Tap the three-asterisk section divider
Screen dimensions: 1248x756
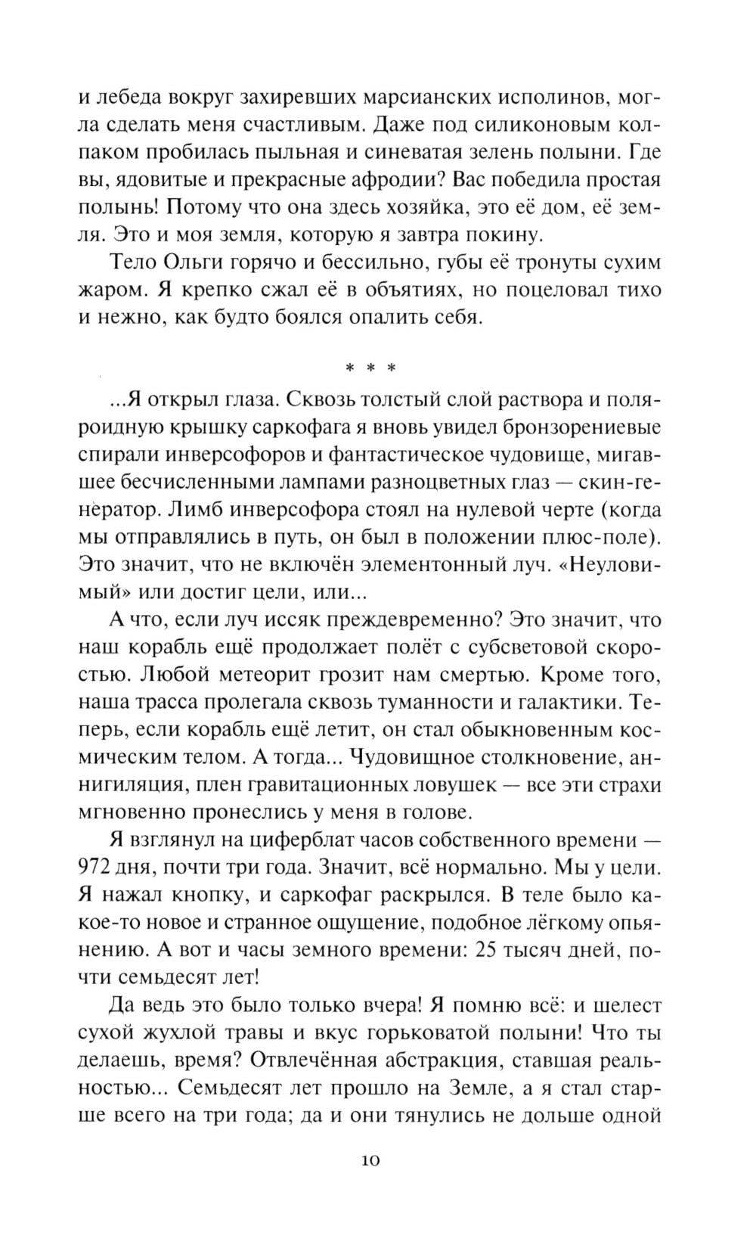370,369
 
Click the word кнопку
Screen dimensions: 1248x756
208,895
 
